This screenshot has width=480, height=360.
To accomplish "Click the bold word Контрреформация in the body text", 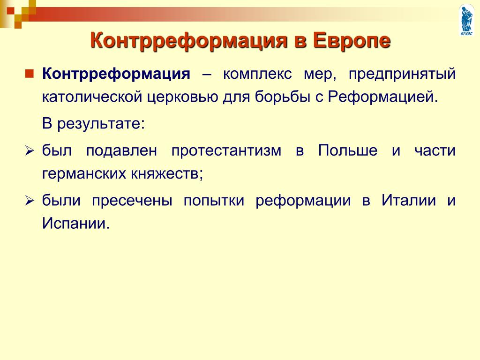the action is (x=116, y=74).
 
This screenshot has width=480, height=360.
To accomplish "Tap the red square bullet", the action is (x=30, y=74).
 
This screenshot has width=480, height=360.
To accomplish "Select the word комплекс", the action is (x=257, y=74).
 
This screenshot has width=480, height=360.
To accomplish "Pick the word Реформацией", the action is (x=383, y=97).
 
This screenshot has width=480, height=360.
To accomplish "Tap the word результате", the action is (x=101, y=124).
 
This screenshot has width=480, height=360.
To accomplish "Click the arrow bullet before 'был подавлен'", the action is (x=30, y=151).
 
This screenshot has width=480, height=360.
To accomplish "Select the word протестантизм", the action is (x=226, y=150).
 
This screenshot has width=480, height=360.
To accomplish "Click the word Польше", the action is (x=347, y=150).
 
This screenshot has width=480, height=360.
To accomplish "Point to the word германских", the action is (x=84, y=174).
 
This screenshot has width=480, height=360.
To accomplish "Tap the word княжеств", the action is (x=165, y=173).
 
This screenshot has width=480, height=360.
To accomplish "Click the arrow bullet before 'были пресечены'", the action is (x=30, y=201).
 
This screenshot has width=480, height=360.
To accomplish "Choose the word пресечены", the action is (x=132, y=201).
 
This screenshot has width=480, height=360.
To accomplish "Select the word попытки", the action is (x=214, y=201).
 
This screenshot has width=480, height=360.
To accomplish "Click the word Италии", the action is (x=409, y=201).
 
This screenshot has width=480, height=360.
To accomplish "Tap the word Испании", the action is (x=75, y=223).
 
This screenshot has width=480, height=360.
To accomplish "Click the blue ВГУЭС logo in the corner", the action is (x=467, y=20).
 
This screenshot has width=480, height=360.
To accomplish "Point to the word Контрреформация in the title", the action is (x=189, y=41).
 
